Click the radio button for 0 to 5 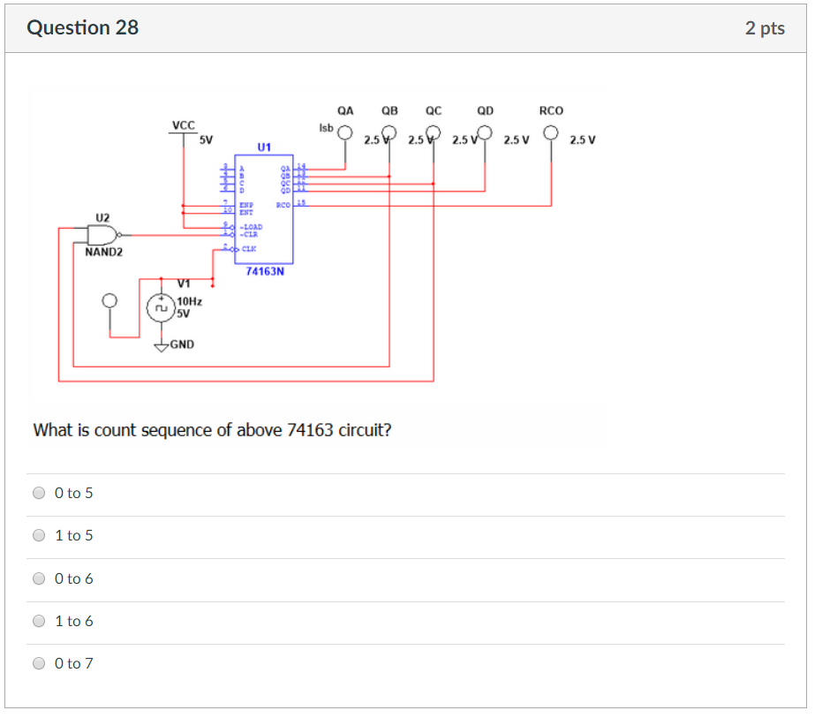[39, 494]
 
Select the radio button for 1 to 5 [39, 535]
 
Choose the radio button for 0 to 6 [39, 578]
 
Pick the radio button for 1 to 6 [39, 621]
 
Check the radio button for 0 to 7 [39, 663]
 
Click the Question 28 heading [82, 27]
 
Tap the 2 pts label [764, 28]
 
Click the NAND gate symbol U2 [103, 235]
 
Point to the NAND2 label [104, 253]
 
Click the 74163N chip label [265, 272]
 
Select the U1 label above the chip [265, 146]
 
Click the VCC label [183, 126]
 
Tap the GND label [182, 344]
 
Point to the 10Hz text [189, 301]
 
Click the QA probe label [345, 111]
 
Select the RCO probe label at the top [551, 111]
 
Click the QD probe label [485, 111]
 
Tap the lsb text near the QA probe [326, 128]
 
